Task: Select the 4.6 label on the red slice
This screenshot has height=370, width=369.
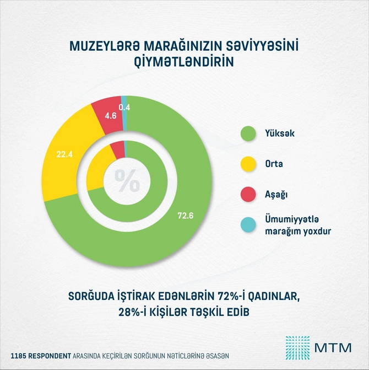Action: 110,116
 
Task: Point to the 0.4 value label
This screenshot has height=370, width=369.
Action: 124,107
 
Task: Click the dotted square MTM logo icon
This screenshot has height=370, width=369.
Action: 297,347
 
